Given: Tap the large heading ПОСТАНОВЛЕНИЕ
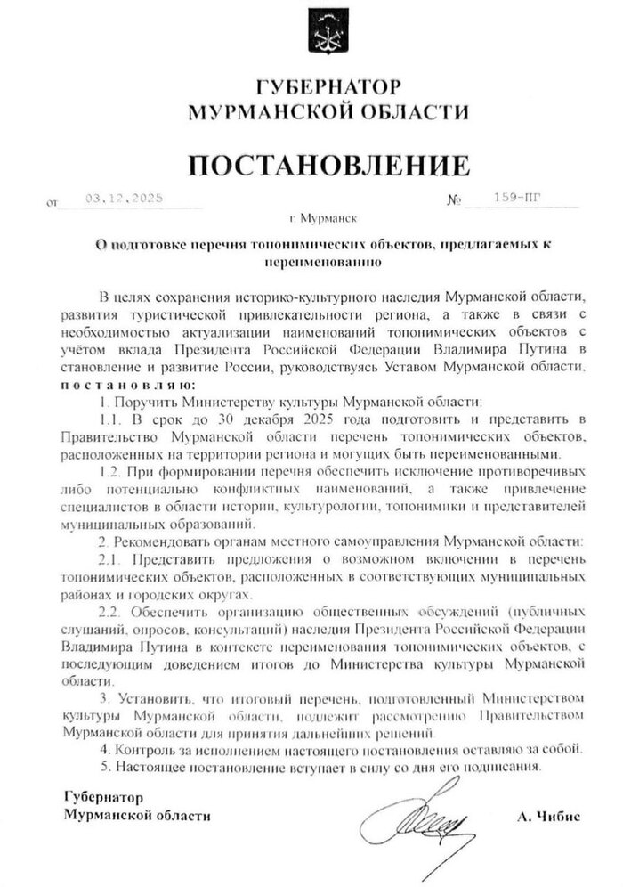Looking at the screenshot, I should tap(327, 164).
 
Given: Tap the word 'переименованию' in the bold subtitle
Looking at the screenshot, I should tap(324, 263).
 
